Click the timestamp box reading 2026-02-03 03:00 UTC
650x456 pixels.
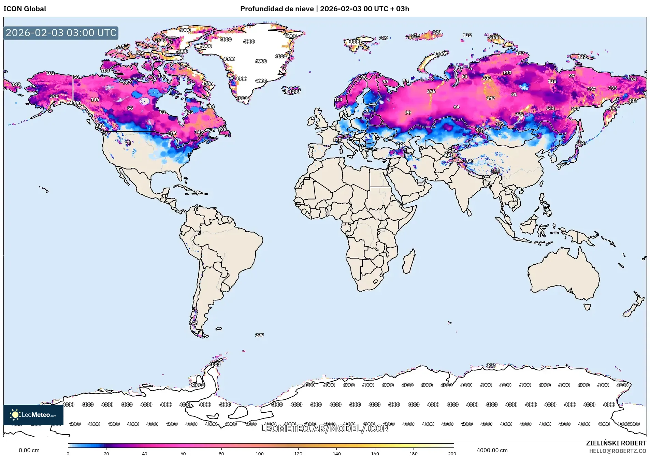61,33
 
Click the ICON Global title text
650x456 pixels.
25,9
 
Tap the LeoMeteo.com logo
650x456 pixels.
33,415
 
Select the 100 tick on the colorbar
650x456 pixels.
260,453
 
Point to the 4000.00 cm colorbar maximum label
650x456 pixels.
492,450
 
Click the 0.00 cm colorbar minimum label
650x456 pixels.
29,450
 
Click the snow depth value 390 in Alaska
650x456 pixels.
54,96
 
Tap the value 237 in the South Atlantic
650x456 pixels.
259,335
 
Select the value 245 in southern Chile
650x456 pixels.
193,322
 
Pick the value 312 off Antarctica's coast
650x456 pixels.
491,365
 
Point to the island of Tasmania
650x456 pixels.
587,307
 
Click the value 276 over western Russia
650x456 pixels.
431,91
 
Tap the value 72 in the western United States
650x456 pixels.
128,143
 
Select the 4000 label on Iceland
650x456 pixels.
294,91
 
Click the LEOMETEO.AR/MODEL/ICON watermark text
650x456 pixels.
325,428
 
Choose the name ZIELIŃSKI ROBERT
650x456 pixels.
616,443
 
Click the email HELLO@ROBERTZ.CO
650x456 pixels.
618,451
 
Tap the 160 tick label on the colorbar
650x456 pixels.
375,453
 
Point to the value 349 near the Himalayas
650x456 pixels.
470,161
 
